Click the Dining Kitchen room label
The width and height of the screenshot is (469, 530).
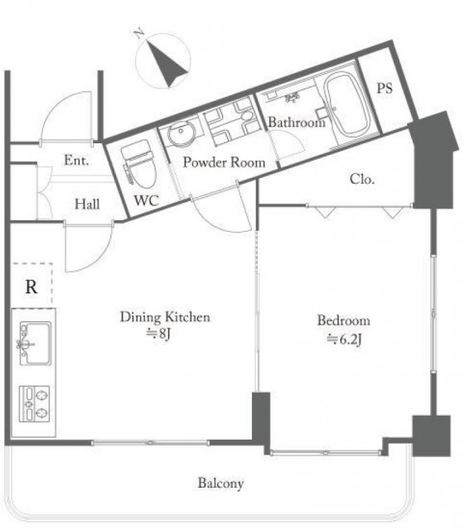click(x=165, y=317)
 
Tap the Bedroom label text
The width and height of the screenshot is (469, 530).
click(x=344, y=320)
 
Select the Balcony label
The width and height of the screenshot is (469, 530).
click(x=220, y=483)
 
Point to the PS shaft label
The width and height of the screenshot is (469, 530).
click(x=384, y=89)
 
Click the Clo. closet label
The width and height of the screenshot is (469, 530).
click(x=362, y=179)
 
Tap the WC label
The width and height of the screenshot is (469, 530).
click(x=147, y=200)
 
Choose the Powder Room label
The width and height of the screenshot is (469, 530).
click(x=224, y=162)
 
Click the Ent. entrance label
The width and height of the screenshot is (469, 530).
click(x=76, y=160)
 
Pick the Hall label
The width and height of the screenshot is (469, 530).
click(x=87, y=204)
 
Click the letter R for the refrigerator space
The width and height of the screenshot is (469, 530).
click(x=31, y=287)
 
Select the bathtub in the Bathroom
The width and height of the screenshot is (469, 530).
click(x=347, y=105)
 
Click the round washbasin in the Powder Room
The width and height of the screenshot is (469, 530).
click(x=181, y=134)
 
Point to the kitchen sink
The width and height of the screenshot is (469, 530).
click(x=36, y=343)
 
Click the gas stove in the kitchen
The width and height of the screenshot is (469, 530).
click(x=35, y=403)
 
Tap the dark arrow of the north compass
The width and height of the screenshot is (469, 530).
click(x=167, y=64)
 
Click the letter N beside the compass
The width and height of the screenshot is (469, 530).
click(x=139, y=34)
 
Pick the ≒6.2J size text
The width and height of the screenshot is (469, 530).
click(x=344, y=339)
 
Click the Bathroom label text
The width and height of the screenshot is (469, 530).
click(x=297, y=122)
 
